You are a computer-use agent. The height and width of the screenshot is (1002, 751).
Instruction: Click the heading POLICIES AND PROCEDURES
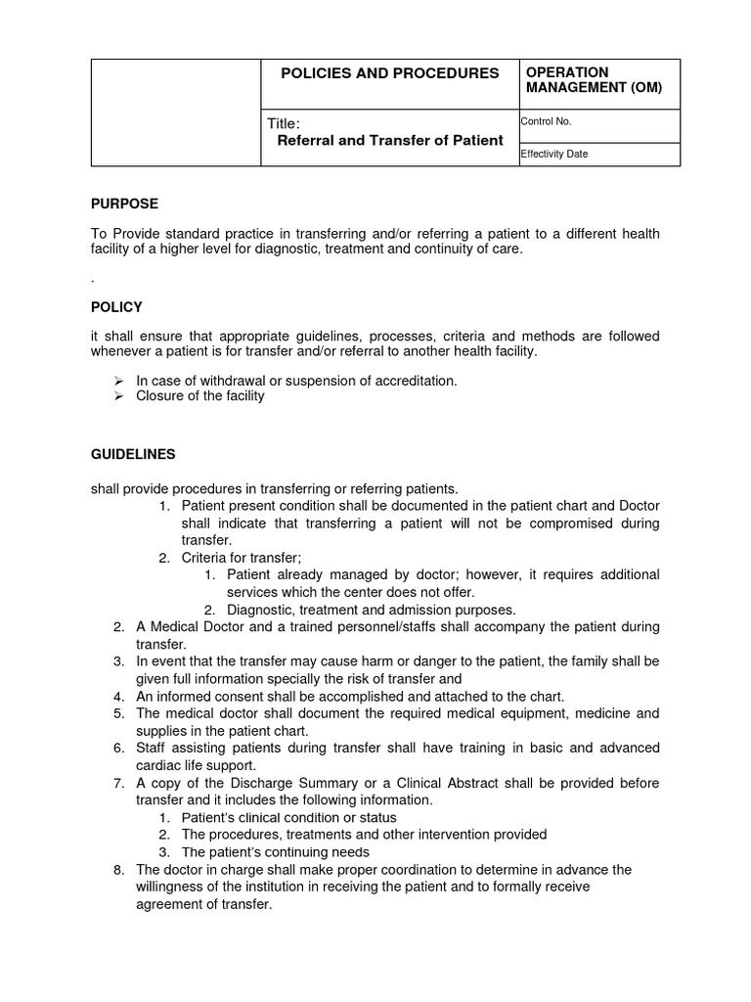[389, 73]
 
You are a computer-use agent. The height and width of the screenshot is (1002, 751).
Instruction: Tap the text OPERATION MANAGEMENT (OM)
[595, 80]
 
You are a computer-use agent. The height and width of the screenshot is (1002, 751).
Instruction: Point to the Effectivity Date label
[554, 154]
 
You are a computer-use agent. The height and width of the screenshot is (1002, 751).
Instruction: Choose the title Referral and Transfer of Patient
[391, 140]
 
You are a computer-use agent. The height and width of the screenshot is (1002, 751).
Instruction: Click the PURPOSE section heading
[124, 205]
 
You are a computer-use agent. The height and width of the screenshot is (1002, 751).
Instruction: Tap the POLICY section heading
[116, 307]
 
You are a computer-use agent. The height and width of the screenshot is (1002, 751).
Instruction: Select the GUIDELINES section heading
[133, 455]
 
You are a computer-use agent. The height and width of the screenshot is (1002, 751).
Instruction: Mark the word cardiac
[159, 765]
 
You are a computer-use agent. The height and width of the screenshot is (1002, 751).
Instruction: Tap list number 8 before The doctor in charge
[119, 870]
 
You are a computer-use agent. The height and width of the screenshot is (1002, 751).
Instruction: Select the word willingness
[171, 888]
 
